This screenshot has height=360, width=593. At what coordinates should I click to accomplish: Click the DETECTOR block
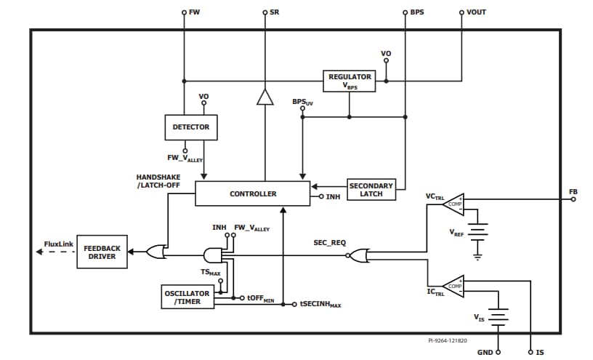tap(191, 127)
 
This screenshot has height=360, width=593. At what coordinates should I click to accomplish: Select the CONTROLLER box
tap(253, 193)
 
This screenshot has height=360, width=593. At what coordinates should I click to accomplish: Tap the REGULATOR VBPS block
tap(350, 81)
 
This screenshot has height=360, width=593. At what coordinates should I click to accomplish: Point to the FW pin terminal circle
tap(184, 12)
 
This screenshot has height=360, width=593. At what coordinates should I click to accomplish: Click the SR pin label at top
tap(275, 12)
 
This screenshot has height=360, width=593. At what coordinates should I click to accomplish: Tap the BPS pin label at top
tap(417, 12)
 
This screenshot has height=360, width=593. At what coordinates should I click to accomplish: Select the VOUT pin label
tap(477, 12)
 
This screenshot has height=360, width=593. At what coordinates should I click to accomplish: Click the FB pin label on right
tap(573, 192)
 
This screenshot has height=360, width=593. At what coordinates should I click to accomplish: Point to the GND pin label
tap(485, 352)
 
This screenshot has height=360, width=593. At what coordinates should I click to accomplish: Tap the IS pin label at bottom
tap(540, 352)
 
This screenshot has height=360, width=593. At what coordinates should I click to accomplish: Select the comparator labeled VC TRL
tap(453, 204)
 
